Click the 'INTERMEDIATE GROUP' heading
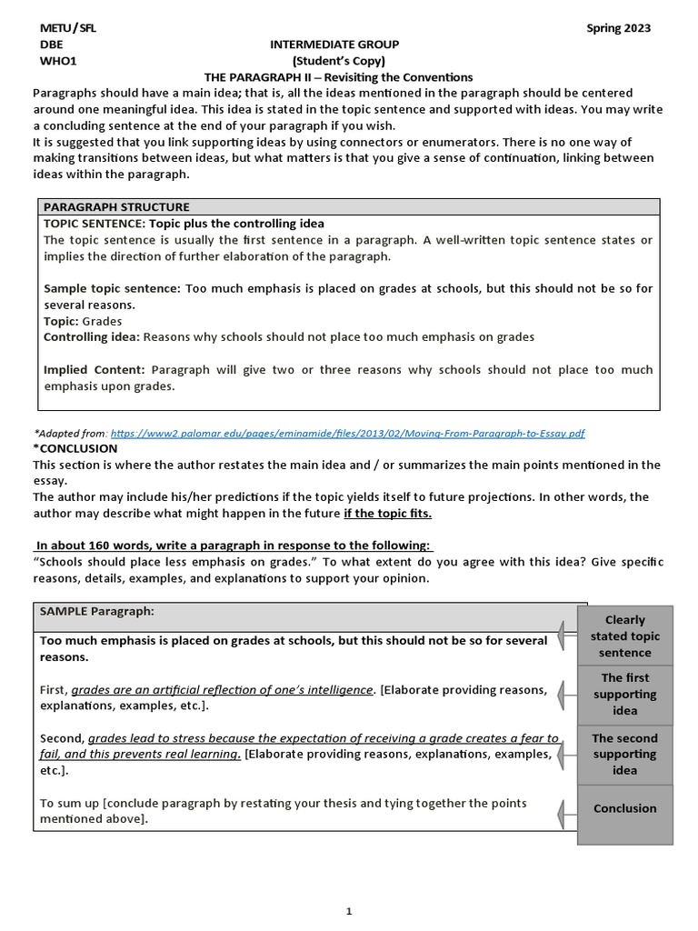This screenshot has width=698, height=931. click(x=334, y=45)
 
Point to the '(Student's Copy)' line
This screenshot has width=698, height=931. click(x=334, y=61)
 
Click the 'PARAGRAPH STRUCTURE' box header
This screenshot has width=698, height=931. click(x=116, y=207)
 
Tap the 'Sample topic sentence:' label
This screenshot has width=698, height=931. click(x=113, y=289)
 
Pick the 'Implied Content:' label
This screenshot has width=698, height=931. click(x=95, y=370)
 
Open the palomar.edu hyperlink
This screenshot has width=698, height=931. click(x=354, y=435)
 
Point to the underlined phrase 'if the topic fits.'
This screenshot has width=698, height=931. click(x=387, y=514)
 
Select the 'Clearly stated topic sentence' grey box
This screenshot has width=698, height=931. click(x=624, y=636)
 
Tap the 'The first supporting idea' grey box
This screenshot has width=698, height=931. click(x=624, y=694)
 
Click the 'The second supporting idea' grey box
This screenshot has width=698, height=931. click(x=624, y=754)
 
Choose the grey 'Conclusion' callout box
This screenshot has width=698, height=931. click(x=624, y=808)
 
